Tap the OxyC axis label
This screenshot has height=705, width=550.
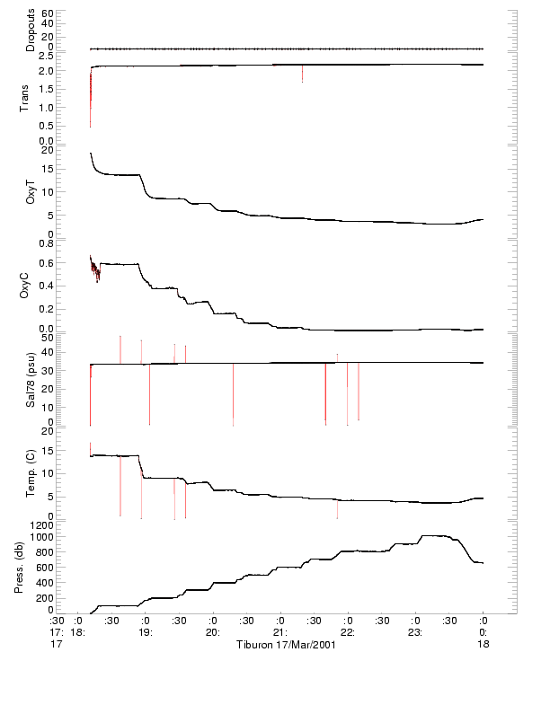tap(31, 286)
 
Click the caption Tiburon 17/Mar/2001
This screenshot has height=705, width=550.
tap(286, 645)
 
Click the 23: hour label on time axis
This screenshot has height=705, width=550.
tap(416, 632)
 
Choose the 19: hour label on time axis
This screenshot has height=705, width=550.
tap(146, 632)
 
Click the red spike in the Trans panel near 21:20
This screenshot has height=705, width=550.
tap(302, 74)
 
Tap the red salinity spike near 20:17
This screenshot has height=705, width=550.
tap(233, 395)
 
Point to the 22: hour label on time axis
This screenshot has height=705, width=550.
tap(348, 632)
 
